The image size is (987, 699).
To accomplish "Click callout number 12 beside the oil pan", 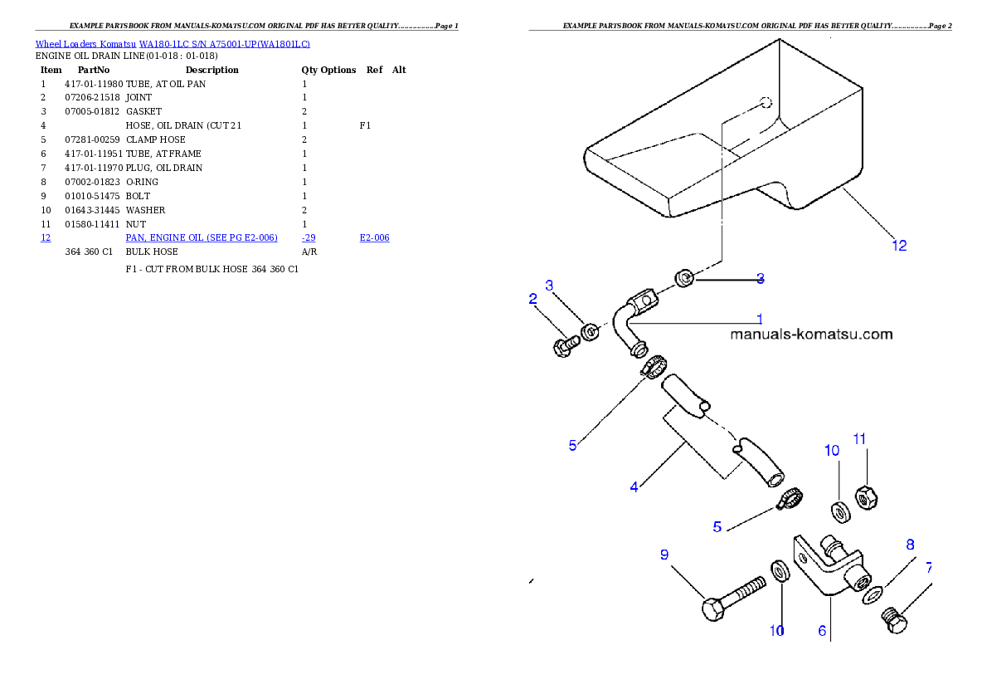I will click(x=899, y=245).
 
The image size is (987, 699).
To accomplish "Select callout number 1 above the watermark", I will click(x=759, y=318).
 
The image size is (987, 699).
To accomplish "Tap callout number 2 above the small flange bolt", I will click(x=533, y=299).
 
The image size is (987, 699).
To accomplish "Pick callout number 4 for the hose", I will click(x=634, y=487).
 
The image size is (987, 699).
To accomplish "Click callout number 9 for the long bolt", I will click(x=664, y=555).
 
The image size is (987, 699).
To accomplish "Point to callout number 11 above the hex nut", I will click(x=859, y=438).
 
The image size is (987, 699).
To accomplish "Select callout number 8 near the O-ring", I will click(x=910, y=545).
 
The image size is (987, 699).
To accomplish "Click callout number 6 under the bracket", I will click(x=822, y=631).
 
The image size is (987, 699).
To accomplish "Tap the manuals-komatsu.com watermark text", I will click(x=811, y=335).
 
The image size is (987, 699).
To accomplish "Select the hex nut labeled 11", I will click(x=866, y=496).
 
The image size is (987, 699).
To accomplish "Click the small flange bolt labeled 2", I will click(x=566, y=344).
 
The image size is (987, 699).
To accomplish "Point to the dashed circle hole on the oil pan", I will click(x=766, y=102).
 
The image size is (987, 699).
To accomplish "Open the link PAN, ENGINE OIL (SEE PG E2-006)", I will click(x=202, y=238).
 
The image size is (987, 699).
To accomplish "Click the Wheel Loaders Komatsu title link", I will click(x=173, y=44).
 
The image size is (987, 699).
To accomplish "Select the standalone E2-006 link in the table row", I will click(x=374, y=238).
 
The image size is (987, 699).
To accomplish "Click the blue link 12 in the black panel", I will click(x=46, y=238).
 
